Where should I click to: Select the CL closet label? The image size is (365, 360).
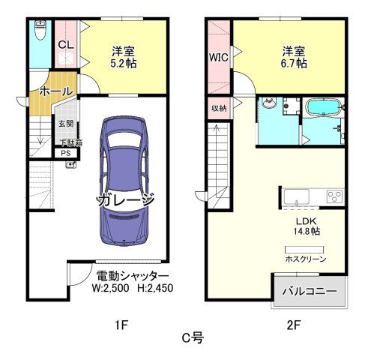pyautogui.click(x=65, y=43)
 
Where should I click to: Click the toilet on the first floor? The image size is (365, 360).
pyautogui.click(x=41, y=31)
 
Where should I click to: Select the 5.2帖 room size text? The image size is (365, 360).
pyautogui.click(x=123, y=64)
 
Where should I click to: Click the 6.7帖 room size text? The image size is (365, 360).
pyautogui.click(x=293, y=64)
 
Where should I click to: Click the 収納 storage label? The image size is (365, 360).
pyautogui.click(x=218, y=108)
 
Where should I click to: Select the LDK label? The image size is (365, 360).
pyautogui.click(x=305, y=220)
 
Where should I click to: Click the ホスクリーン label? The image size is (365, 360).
pyautogui.click(x=304, y=259)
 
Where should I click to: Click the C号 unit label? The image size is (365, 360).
pyautogui.click(x=193, y=339)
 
